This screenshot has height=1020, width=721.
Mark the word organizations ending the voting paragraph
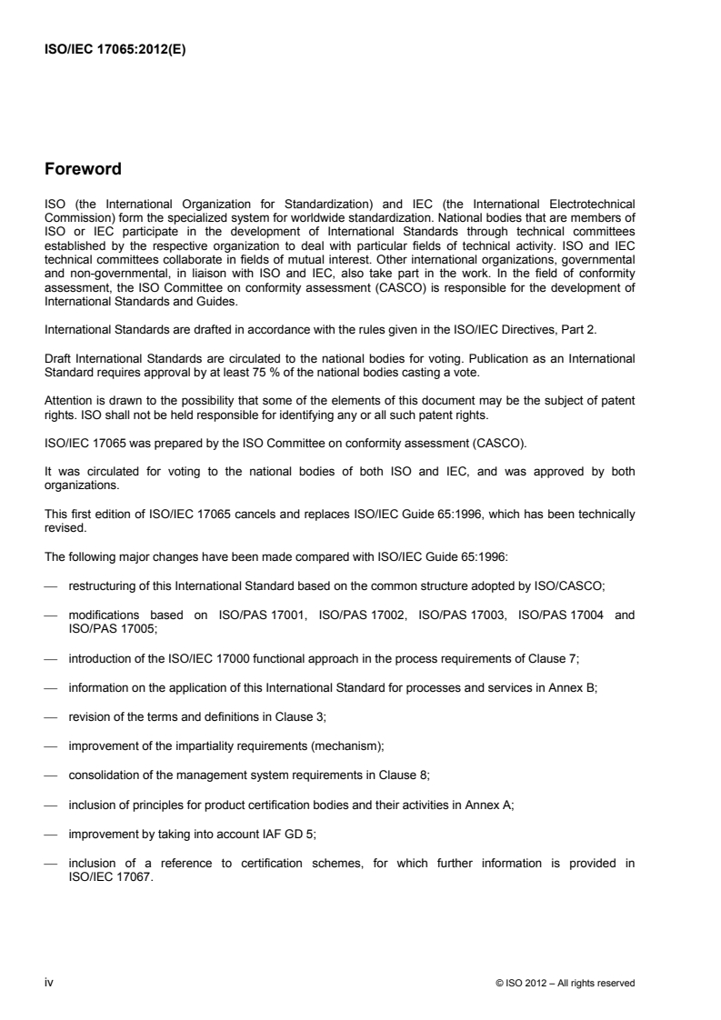81,459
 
